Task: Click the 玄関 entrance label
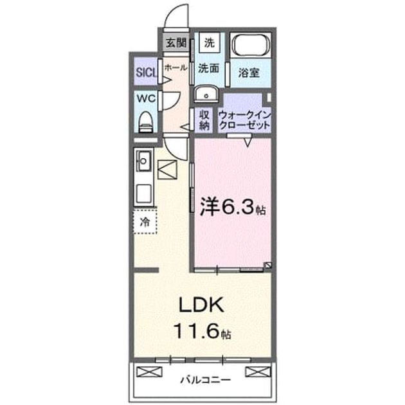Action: pyautogui.click(x=176, y=43)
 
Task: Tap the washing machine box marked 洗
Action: pyautogui.click(x=210, y=42)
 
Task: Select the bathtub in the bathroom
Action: pyautogui.click(x=250, y=45)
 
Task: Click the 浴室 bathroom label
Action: pyautogui.click(x=249, y=73)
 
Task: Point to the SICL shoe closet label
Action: pyautogui.click(x=147, y=73)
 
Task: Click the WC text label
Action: pyautogui.click(x=146, y=98)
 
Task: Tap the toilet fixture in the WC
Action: pyautogui.click(x=146, y=122)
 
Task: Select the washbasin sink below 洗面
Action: pyautogui.click(x=206, y=94)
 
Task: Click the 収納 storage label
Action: pyautogui.click(x=204, y=120)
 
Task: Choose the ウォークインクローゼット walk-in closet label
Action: pyautogui.click(x=244, y=120)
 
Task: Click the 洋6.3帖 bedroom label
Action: pyautogui.click(x=233, y=206)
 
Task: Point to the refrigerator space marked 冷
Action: pyautogui.click(x=145, y=222)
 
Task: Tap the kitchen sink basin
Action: pyautogui.click(x=144, y=161)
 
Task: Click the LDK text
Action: pyautogui.click(x=201, y=305)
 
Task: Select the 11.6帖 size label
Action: pyautogui.click(x=203, y=331)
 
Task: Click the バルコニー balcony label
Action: pyautogui.click(x=205, y=380)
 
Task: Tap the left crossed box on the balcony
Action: pyautogui.click(x=149, y=372)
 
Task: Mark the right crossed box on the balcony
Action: pyautogui.click(x=258, y=372)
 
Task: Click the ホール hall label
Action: pyautogui.click(x=175, y=68)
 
